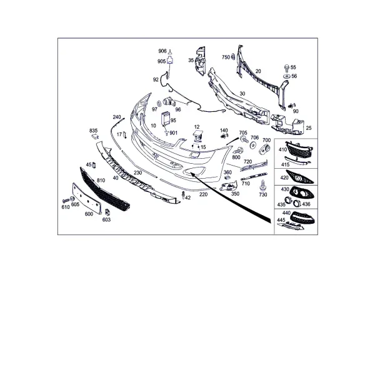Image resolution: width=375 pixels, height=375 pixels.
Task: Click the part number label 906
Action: pyautogui.click(x=162, y=51)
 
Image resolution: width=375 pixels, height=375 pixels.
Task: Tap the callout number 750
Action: pyautogui.click(x=226, y=57)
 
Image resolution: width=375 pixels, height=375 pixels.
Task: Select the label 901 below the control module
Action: pyautogui.click(x=173, y=132)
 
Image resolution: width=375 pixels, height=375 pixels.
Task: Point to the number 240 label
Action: pyautogui.click(x=117, y=117)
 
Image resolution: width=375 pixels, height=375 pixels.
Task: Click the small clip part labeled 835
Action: pyautogui.click(x=95, y=136)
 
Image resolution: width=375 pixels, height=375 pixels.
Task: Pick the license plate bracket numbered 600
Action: pyautogui.click(x=87, y=198)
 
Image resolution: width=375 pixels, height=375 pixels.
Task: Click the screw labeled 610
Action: pyautogui.click(x=65, y=200)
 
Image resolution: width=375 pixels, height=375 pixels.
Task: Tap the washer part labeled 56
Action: pyautogui.click(x=286, y=76)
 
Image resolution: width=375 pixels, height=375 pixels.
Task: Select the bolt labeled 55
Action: pyautogui.click(x=286, y=68)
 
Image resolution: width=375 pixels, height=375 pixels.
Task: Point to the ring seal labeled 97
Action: pyautogui.click(x=159, y=104)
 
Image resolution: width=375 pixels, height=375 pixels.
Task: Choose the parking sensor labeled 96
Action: pyautogui.click(x=169, y=102)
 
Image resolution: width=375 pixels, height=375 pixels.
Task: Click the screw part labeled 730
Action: pyautogui.click(x=263, y=186)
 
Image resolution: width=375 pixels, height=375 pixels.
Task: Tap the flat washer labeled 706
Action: pyautogui.click(x=253, y=145)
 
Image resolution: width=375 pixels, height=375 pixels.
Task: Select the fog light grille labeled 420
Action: pyautogui.click(x=300, y=177)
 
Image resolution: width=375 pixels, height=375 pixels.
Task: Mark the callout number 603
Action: pyautogui.click(x=106, y=219)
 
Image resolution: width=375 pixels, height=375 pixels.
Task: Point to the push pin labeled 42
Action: pyautogui.click(x=183, y=195)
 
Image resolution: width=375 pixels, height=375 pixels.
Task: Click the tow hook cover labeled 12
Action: pyautogui.click(x=197, y=137)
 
